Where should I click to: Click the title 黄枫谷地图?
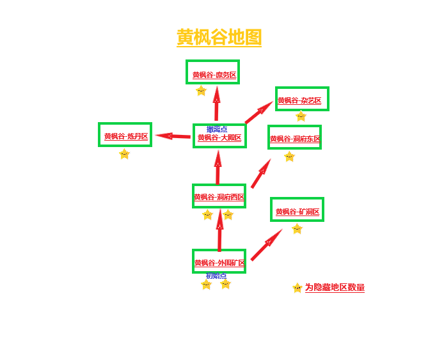219,37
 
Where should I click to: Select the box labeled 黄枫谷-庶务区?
213,73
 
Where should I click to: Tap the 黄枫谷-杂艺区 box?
302,99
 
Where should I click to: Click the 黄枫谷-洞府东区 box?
294,137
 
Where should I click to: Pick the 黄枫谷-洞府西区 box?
219,196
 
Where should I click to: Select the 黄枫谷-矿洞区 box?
297,210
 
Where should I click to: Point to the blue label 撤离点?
216,129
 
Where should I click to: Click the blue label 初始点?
216,276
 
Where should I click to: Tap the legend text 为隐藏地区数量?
335,288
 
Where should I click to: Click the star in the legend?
297,288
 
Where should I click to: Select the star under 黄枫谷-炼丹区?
124,154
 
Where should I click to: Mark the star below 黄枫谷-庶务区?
201,91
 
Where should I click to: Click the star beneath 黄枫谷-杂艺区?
301,116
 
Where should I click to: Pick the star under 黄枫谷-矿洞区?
297,229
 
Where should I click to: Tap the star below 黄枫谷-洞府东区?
289,157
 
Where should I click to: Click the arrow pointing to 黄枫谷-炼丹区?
173,136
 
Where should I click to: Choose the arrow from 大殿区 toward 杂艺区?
259,113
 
